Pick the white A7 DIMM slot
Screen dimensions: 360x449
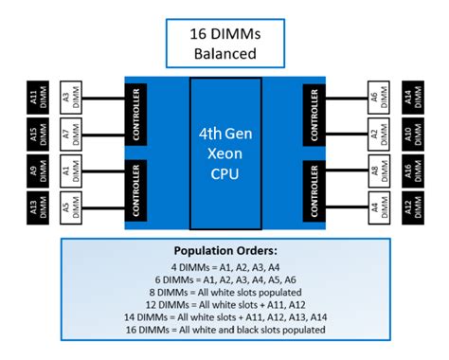(x=72, y=134)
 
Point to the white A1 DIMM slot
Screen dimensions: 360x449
(x=72, y=172)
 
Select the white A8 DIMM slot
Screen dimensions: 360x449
(x=377, y=172)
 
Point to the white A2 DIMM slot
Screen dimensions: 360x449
(x=377, y=134)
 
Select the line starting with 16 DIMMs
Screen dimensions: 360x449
(x=224, y=330)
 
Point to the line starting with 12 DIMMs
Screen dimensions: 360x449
(x=224, y=306)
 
